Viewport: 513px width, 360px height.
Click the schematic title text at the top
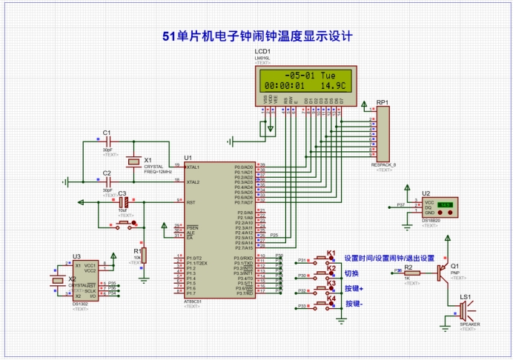(x=256, y=36)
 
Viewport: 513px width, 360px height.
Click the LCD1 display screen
(x=303, y=80)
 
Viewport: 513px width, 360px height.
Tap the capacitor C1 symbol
(x=107, y=140)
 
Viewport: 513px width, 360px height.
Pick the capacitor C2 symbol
(x=107, y=180)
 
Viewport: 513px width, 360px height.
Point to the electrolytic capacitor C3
(x=124, y=201)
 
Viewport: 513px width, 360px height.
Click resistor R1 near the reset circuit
(x=144, y=255)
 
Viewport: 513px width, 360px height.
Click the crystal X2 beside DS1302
(x=56, y=280)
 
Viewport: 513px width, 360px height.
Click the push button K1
(x=324, y=259)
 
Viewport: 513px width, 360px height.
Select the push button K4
(x=324, y=304)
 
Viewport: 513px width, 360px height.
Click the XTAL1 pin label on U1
(x=192, y=167)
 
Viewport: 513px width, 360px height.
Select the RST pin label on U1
(x=189, y=201)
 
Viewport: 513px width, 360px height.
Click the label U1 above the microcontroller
(x=188, y=158)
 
